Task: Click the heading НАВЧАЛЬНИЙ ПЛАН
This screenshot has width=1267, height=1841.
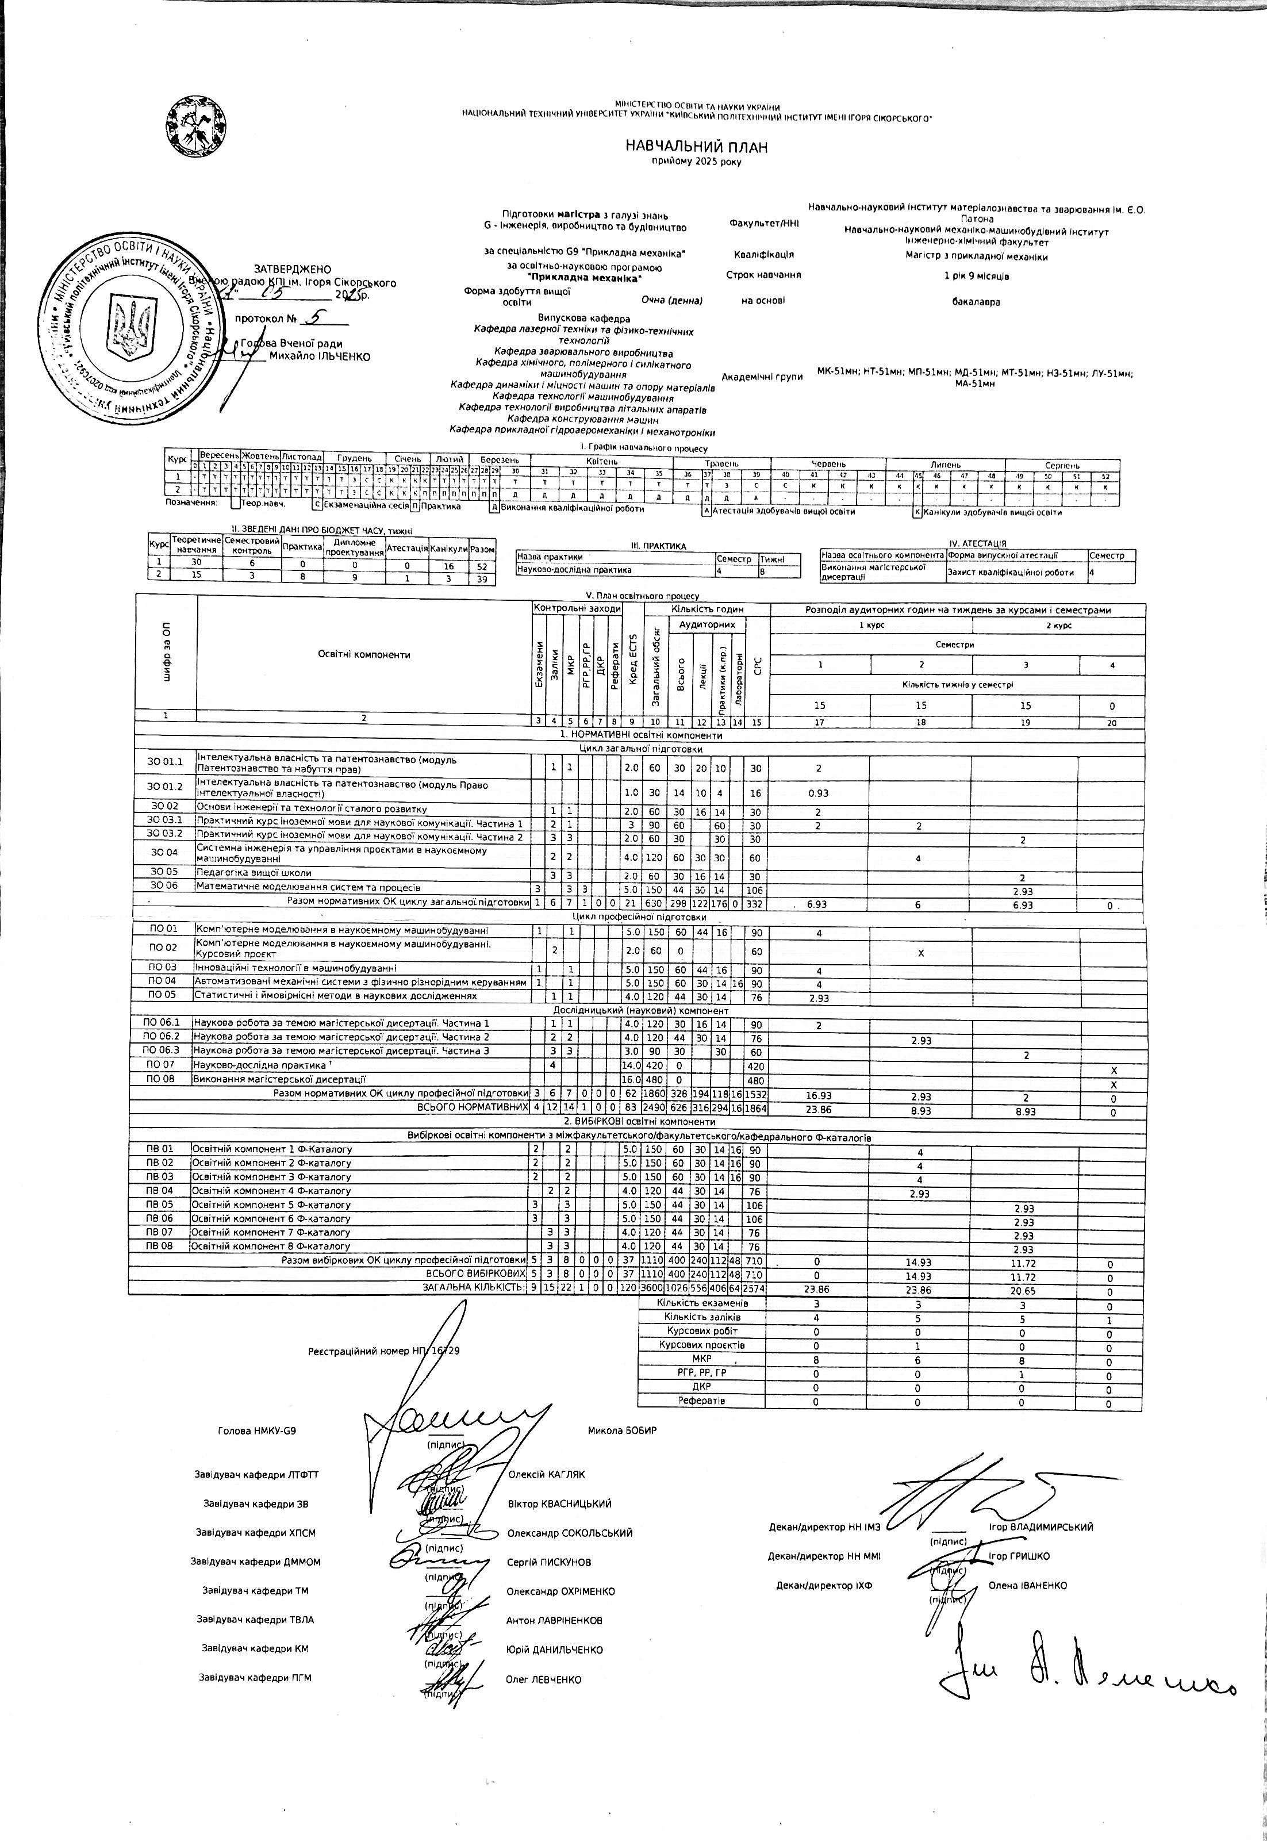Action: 696,147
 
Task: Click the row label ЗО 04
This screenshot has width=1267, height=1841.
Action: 164,853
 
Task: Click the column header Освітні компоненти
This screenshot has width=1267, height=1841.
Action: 364,654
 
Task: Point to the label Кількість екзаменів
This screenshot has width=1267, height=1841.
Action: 702,1303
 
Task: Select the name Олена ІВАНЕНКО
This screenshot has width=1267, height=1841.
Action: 1027,1585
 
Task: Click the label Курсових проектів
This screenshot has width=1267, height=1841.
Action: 702,1345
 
